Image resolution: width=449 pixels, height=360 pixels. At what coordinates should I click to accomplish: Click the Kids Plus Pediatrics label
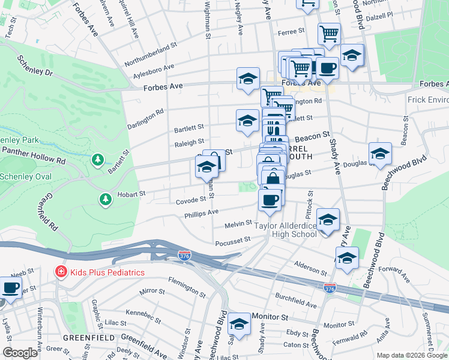pos(107,272)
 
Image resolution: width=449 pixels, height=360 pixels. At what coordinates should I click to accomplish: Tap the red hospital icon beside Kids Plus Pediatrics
pos(61,272)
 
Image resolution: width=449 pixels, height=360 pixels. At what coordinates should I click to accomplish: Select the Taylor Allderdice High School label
pos(285,230)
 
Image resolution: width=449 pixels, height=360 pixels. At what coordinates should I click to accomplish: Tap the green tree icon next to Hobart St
pos(106,199)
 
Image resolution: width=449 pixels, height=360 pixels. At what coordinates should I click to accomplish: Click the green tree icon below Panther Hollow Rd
pos(97,160)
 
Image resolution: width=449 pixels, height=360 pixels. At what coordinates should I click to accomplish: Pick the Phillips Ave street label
pos(201,214)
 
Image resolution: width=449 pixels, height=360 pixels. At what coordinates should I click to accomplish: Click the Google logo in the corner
pos(20,353)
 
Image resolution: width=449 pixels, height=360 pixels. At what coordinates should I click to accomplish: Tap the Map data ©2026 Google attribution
pos(411,355)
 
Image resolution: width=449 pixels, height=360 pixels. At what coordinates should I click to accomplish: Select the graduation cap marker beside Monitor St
pos(239,323)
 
